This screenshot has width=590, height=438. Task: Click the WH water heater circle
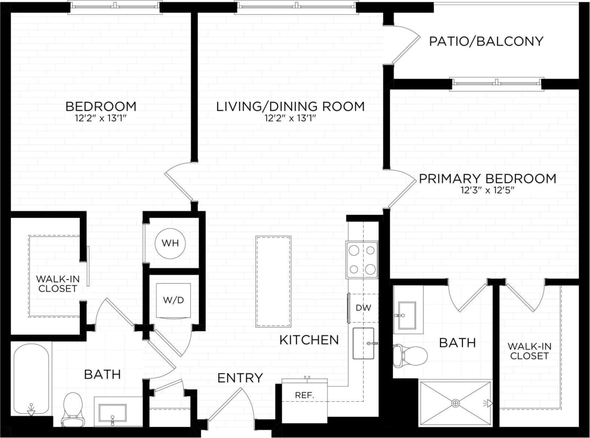coord(170,244)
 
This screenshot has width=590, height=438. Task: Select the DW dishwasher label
coord(363,307)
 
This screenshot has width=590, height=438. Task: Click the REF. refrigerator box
coord(304,397)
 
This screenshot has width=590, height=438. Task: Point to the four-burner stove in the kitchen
coord(362,260)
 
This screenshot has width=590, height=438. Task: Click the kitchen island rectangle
coord(273,281)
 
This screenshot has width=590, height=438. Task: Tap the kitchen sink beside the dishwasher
coord(364,343)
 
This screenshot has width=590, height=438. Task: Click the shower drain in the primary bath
coord(455,403)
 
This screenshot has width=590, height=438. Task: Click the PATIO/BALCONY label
coord(486,41)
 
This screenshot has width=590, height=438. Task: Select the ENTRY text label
coord(240,378)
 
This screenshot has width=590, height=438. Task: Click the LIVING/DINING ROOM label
coord(290,106)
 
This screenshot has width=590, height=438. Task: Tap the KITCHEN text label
coord(309,340)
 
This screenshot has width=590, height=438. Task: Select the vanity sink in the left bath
coord(112,412)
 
